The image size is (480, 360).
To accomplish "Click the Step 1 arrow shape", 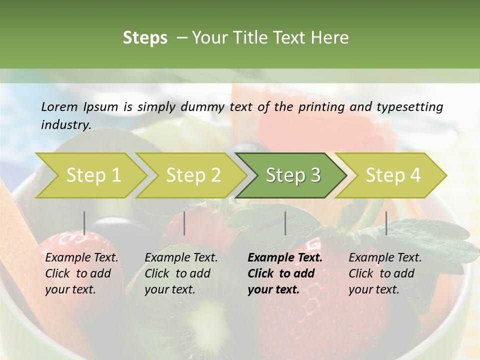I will pos(93,175).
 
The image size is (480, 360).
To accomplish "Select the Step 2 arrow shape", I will pos(193,175).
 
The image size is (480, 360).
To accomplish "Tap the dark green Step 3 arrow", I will pos(293,175).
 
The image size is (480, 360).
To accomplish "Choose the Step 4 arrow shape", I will pos(393,175).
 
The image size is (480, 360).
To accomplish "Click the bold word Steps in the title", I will pos(145,38).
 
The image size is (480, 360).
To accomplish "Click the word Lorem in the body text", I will pos(59,107).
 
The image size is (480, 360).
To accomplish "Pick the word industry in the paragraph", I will pos(65,125).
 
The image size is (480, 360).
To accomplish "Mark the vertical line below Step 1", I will pos(84,223).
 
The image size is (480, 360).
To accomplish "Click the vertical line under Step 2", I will pos(184,223).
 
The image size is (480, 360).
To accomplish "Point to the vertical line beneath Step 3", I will pos(285,223).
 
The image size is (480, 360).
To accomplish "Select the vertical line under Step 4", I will pos(386,223).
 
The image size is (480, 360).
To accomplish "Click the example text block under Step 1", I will pos(81,273).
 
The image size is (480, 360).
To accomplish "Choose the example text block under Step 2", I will pos(181,273).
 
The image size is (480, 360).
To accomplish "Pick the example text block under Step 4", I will pos(385,273).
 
